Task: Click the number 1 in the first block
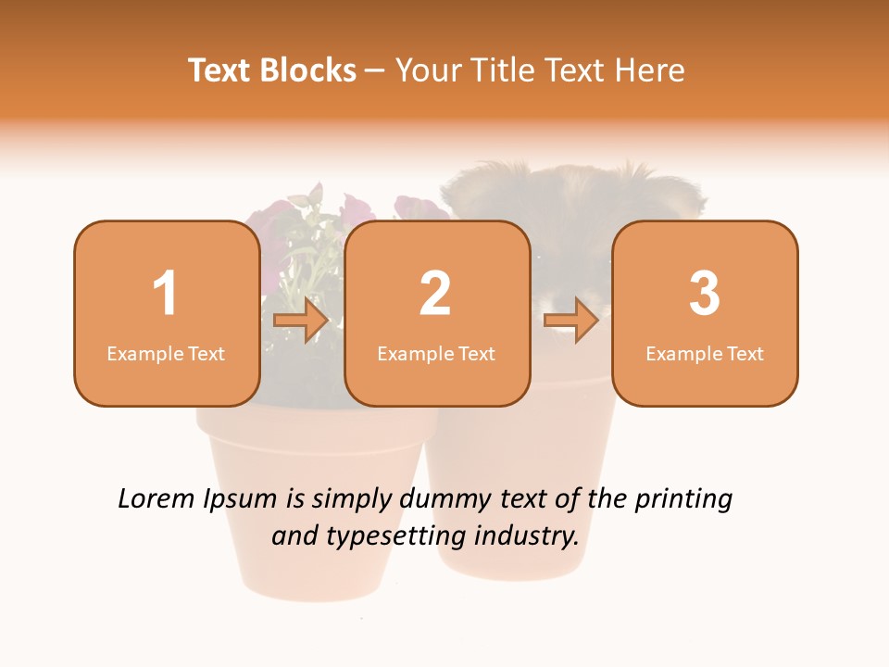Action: click(x=166, y=294)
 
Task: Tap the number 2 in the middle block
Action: click(x=435, y=294)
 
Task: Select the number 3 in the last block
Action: click(x=705, y=294)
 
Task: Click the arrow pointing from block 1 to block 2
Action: click(x=302, y=321)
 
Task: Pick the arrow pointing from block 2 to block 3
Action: click(x=571, y=321)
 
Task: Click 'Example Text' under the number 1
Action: click(x=166, y=354)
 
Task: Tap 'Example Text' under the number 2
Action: click(x=436, y=354)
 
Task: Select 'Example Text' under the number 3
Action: click(x=705, y=354)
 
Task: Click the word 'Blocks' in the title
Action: click(x=307, y=70)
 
